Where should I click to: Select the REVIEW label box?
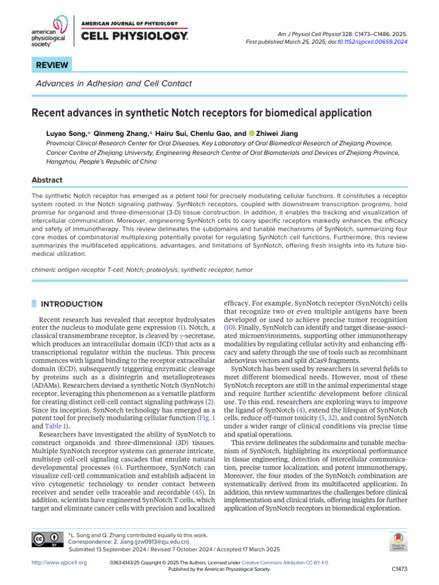[x=53, y=65]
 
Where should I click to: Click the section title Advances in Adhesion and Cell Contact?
[x=113, y=84]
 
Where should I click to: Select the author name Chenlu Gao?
[x=211, y=134]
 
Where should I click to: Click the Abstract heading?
[x=47, y=180]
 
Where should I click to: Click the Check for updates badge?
[x=398, y=541]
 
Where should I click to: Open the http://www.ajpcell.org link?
[x=59, y=563]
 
